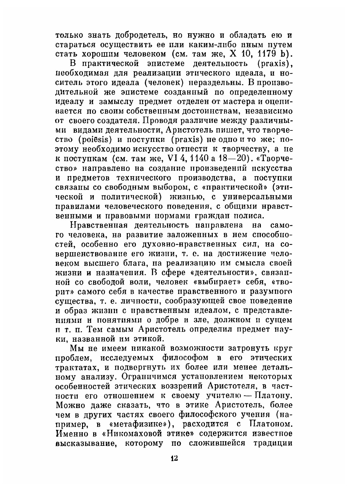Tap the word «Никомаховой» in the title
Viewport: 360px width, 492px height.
pos(112,433)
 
